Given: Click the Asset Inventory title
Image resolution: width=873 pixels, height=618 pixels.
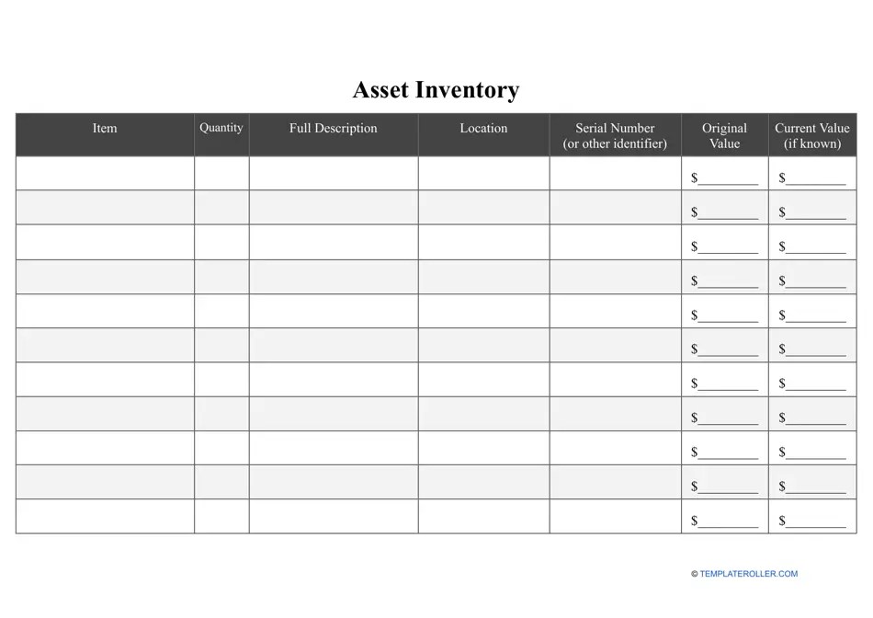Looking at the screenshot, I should pyautogui.click(x=436, y=90).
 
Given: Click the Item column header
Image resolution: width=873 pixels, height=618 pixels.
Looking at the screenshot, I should pyautogui.click(x=105, y=129).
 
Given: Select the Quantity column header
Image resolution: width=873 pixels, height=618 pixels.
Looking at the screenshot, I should pyautogui.click(x=221, y=128).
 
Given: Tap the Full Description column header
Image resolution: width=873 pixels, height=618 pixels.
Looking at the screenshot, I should pyautogui.click(x=333, y=129).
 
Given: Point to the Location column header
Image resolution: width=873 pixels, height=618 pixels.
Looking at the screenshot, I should pyautogui.click(x=483, y=129).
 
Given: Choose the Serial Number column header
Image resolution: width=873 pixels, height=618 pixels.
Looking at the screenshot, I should pyautogui.click(x=615, y=135).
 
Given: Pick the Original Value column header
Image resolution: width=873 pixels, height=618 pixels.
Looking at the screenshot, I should pyautogui.click(x=724, y=135).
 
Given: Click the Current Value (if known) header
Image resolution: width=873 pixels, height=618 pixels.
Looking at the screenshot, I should pyautogui.click(x=812, y=135).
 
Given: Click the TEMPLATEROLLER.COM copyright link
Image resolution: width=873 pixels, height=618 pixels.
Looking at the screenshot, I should pyautogui.click(x=745, y=574).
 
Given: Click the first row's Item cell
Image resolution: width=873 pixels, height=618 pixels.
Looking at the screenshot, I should pyautogui.click(x=105, y=173).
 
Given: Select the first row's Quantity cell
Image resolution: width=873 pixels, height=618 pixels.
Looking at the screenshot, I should pyautogui.click(x=221, y=173).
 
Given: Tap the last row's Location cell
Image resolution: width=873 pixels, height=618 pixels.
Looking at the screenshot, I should pyautogui.click(x=483, y=517).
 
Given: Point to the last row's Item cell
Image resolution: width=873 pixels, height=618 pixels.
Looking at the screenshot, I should pyautogui.click(x=105, y=517).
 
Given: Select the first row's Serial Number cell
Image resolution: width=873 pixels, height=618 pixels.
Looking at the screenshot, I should pyautogui.click(x=615, y=173).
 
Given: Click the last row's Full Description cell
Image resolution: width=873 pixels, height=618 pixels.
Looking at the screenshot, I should pyautogui.click(x=333, y=517).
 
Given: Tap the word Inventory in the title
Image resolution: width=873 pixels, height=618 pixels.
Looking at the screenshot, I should pyautogui.click(x=468, y=90).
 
